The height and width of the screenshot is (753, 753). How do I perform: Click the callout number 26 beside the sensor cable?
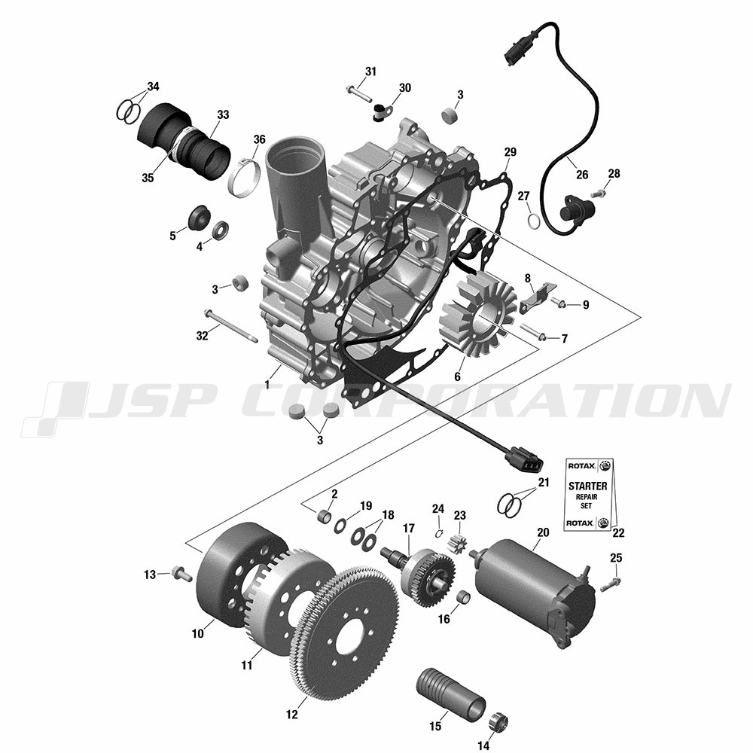tap(582, 175)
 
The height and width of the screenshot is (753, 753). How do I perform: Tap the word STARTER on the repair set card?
tap(588, 486)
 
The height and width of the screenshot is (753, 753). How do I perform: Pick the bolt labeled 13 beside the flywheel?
tap(181, 573)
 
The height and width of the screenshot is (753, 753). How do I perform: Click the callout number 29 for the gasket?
tap(510, 152)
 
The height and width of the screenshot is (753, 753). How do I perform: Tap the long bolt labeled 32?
tap(231, 327)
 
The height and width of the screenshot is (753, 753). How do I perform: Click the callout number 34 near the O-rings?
tap(153, 87)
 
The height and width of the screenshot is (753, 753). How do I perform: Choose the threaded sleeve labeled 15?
tap(450, 695)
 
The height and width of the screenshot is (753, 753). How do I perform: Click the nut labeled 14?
tap(498, 721)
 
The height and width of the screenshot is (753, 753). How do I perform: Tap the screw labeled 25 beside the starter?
tap(611, 584)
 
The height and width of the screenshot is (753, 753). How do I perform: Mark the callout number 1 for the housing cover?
tap(267, 385)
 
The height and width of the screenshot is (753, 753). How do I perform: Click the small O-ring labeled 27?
tap(534, 220)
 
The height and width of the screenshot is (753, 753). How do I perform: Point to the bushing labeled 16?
tap(463, 598)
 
